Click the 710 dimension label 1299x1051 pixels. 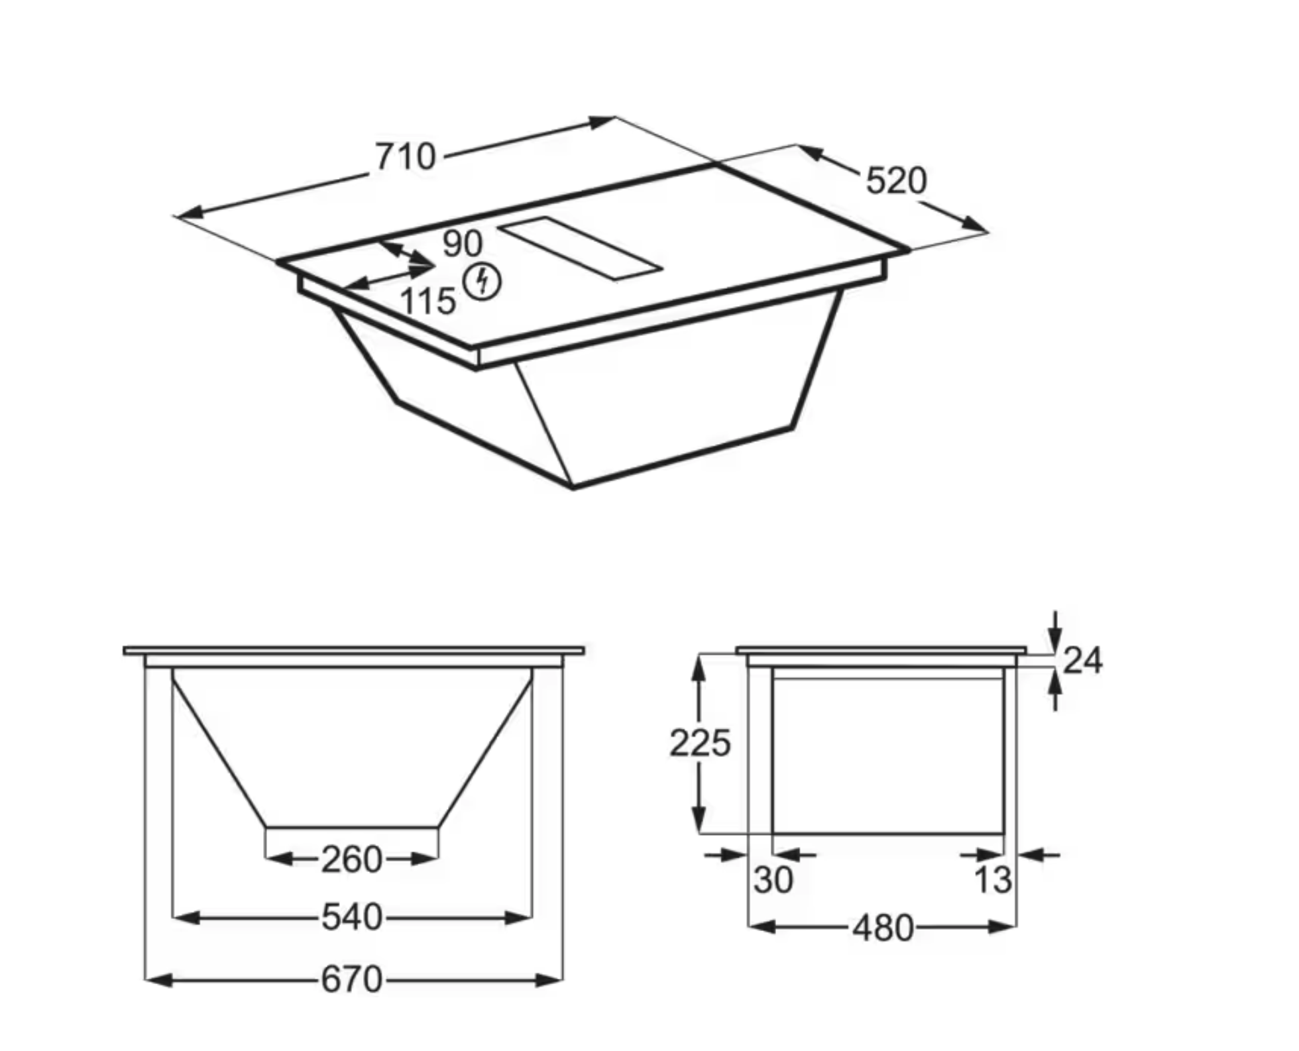406,157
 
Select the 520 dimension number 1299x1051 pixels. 896,180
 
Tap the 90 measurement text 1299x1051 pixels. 462,243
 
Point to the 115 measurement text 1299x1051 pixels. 428,302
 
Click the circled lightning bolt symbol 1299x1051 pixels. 482,282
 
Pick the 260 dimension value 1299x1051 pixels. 351,859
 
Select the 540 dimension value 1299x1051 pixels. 351,918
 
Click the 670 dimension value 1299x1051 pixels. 351,979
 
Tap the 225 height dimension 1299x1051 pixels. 699,742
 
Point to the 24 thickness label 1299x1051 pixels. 1082,660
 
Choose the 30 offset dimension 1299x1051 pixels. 773,880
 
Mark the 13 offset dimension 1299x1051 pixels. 992,880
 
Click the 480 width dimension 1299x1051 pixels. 883,928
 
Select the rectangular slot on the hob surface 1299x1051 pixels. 581,248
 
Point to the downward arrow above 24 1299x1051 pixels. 1056,640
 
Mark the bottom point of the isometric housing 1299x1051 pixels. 573,488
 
